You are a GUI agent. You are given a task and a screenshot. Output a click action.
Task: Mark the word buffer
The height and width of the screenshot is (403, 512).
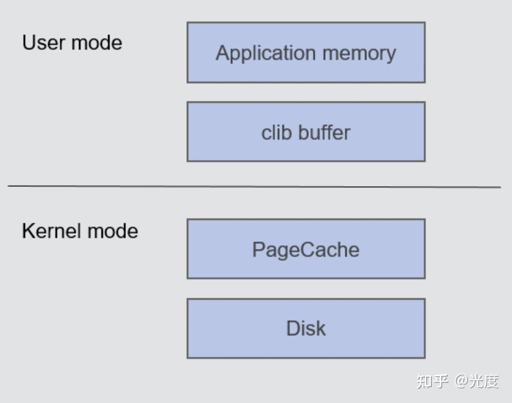pos(325,133)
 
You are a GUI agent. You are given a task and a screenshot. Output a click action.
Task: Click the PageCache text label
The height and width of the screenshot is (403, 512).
pos(306,249)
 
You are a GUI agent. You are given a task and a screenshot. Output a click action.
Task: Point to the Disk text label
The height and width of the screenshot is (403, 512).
pos(306,328)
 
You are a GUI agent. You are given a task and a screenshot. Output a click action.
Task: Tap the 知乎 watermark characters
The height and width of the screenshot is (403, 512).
pos(432,381)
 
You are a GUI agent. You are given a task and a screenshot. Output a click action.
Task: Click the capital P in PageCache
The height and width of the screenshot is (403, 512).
pos(258,249)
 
